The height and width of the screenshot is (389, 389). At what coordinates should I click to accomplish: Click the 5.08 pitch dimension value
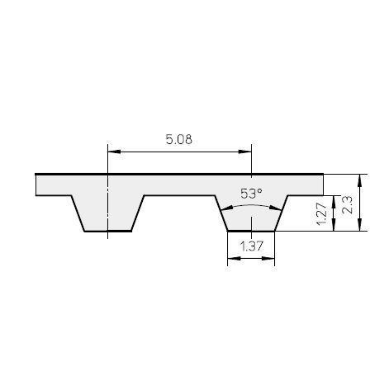(179, 139)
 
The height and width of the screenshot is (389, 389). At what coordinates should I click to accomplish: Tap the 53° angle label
(251, 194)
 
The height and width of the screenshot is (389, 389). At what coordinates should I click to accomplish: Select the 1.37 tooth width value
(251, 247)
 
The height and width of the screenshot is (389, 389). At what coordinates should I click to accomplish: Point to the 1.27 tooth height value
(321, 213)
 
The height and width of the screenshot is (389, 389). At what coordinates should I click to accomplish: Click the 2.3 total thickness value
(348, 205)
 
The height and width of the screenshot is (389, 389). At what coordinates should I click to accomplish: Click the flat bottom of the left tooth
(108, 231)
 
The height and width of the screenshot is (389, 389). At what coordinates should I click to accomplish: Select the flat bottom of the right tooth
(251, 231)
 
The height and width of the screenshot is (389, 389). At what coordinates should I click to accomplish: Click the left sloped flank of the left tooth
(78, 213)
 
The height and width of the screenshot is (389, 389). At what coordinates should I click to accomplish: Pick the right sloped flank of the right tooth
(281, 213)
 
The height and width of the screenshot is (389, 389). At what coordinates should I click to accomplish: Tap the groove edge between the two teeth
(179, 196)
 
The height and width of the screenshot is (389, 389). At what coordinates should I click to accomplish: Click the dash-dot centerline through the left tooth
(108, 209)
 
